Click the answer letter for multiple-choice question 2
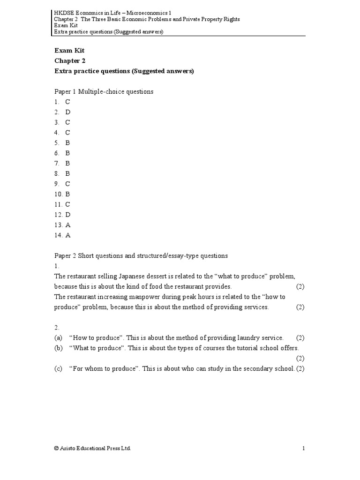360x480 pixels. tap(68, 112)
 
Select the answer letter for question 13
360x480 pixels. tap(68, 225)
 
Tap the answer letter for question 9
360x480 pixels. tap(68, 184)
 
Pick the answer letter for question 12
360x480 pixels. tap(68, 215)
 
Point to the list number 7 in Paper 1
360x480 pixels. tap(56, 163)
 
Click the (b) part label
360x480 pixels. tap(58, 348)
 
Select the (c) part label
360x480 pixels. tap(58, 368)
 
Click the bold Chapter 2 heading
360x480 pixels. tap(70, 61)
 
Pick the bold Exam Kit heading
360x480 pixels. tap(69, 51)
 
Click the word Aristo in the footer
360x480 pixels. tap(68, 449)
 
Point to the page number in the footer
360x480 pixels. tap(303, 449)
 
